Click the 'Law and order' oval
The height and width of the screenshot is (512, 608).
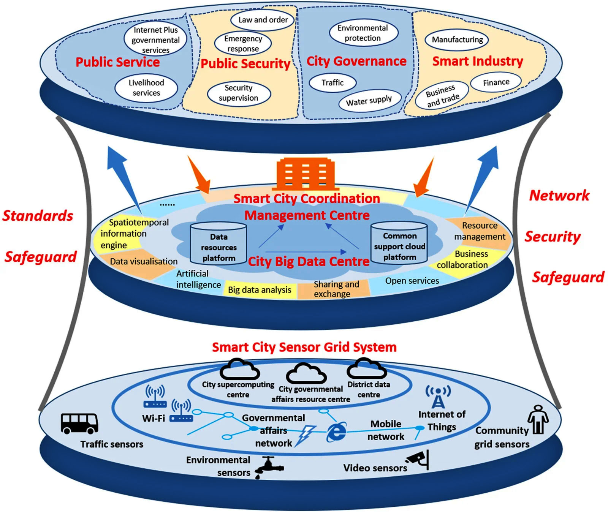(x=263, y=20)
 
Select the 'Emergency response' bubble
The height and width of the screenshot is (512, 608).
(x=243, y=44)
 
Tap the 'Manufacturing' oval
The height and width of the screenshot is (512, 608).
(x=457, y=40)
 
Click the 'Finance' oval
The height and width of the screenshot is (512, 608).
(x=496, y=82)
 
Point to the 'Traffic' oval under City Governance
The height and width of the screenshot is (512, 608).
(x=332, y=83)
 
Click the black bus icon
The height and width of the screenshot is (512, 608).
(x=79, y=424)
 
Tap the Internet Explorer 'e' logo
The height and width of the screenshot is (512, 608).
(x=337, y=432)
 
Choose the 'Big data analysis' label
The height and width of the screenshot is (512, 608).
(x=260, y=290)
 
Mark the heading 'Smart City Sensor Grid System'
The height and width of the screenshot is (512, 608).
(x=304, y=347)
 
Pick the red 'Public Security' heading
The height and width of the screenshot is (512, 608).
(x=245, y=64)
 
